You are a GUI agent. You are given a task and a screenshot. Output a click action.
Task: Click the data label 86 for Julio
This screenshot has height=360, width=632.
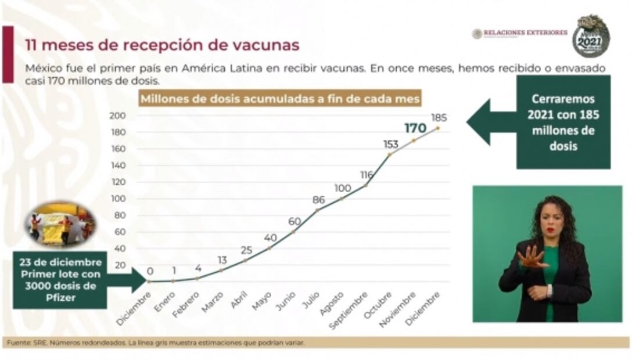318,200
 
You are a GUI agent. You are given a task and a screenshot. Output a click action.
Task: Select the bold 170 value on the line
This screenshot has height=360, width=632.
415,128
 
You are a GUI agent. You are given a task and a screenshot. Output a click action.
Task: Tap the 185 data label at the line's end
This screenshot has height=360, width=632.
439,118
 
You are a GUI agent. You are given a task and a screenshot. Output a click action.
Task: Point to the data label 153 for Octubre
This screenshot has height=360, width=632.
390,144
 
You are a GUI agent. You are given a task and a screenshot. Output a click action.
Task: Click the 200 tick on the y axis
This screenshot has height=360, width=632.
117,116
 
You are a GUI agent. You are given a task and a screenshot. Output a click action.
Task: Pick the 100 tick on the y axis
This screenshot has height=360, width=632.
117,199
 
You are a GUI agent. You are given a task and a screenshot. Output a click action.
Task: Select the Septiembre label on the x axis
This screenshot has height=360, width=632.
349,310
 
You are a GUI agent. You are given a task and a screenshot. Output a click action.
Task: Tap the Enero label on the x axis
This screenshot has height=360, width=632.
164,301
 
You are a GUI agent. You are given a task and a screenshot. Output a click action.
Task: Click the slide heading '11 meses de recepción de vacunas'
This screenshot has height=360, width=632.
163,45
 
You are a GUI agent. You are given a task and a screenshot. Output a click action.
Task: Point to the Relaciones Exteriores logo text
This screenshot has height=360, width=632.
525,33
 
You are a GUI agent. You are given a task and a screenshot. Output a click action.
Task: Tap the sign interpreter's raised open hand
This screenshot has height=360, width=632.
531,257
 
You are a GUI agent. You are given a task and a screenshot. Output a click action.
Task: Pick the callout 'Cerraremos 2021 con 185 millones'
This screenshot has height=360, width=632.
563,122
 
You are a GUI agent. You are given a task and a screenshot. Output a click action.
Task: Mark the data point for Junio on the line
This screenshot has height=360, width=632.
293,232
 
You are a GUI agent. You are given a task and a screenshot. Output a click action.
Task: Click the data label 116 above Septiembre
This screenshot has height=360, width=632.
366,175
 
